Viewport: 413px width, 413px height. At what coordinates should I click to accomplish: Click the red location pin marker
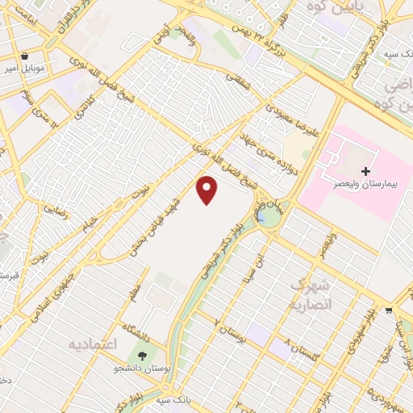tap(207, 190)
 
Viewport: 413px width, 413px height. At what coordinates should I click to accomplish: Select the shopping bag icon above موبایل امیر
tap(25, 56)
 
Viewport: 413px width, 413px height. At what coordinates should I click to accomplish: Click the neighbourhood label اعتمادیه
tap(93, 344)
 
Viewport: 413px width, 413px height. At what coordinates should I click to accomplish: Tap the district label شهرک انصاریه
tap(308, 295)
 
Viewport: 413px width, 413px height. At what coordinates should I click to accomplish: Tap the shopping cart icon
tap(389, 310)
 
